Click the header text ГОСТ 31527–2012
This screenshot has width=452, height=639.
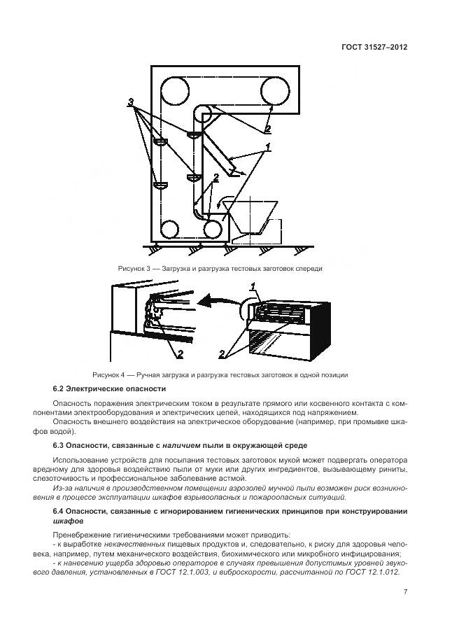coord(374,46)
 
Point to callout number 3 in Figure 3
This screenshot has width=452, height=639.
coord(132,103)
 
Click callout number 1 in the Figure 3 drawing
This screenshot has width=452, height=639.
coord(266,146)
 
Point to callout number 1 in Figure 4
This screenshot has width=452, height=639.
coord(254,286)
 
